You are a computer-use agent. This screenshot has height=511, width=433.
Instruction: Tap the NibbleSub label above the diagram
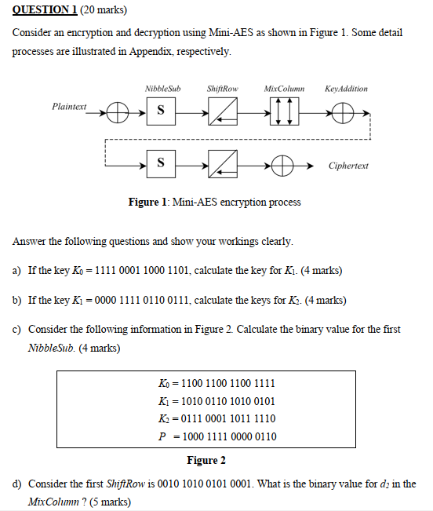(x=162, y=89)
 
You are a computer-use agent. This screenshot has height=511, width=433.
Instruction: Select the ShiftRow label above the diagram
(x=223, y=89)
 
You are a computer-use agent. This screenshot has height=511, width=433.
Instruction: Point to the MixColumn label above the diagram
(x=284, y=89)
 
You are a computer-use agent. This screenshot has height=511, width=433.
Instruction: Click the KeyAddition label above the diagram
(x=346, y=89)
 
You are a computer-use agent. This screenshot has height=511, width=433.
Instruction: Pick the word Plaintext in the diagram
(x=70, y=106)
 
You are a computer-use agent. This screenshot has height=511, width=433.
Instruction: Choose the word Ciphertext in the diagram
(x=348, y=166)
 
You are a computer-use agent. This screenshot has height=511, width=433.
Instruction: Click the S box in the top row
(x=161, y=111)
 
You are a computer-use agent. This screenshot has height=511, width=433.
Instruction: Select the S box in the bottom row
(x=161, y=165)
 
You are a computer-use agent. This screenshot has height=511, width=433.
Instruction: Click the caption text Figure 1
(x=214, y=203)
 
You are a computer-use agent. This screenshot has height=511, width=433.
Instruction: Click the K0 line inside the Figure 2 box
(x=216, y=383)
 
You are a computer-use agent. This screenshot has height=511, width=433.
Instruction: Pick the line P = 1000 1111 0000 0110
(x=216, y=436)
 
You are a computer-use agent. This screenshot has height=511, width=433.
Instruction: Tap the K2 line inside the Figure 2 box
(x=216, y=418)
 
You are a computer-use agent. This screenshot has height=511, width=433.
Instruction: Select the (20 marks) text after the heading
(x=103, y=10)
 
